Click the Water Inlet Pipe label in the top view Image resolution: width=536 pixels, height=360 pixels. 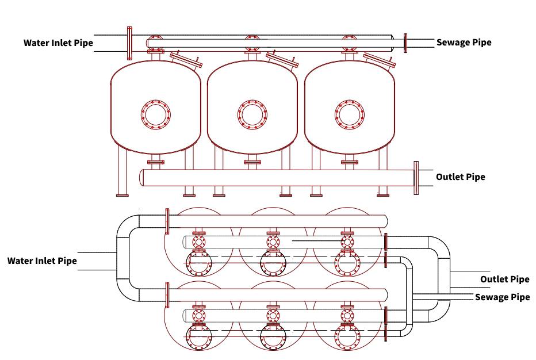click(x=58, y=43)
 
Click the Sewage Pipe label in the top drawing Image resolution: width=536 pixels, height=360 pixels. click(x=464, y=43)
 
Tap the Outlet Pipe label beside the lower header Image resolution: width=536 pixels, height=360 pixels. click(x=460, y=177)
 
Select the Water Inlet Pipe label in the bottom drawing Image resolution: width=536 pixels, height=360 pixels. click(x=42, y=261)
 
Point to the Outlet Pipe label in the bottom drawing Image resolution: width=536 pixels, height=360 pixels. click(x=504, y=279)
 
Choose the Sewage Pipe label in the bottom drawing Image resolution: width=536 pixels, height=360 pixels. click(x=502, y=297)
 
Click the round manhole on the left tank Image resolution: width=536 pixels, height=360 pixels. click(x=156, y=115)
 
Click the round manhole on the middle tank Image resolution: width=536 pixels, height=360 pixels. click(x=252, y=115)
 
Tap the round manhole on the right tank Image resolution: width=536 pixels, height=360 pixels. click(x=349, y=115)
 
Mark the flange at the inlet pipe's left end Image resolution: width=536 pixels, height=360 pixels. click(x=129, y=43)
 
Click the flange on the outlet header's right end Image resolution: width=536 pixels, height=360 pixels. click(x=416, y=178)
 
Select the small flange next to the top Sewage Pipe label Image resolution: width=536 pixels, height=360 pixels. click(x=405, y=43)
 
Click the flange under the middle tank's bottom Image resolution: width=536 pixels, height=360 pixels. click(x=252, y=162)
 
